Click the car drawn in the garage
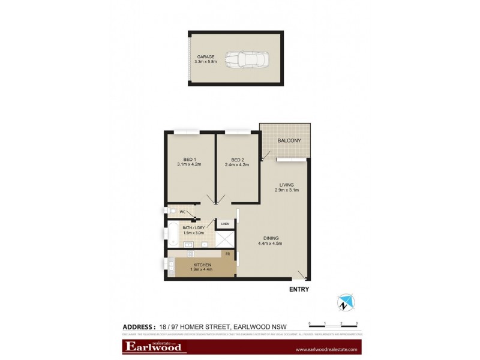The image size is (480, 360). [247, 59]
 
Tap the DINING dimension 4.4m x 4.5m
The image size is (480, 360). [270, 243]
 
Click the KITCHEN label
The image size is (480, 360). [202, 265]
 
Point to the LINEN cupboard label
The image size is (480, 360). [225, 224]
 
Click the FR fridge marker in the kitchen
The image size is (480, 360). [227, 254]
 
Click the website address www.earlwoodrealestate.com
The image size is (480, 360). [326, 349]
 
